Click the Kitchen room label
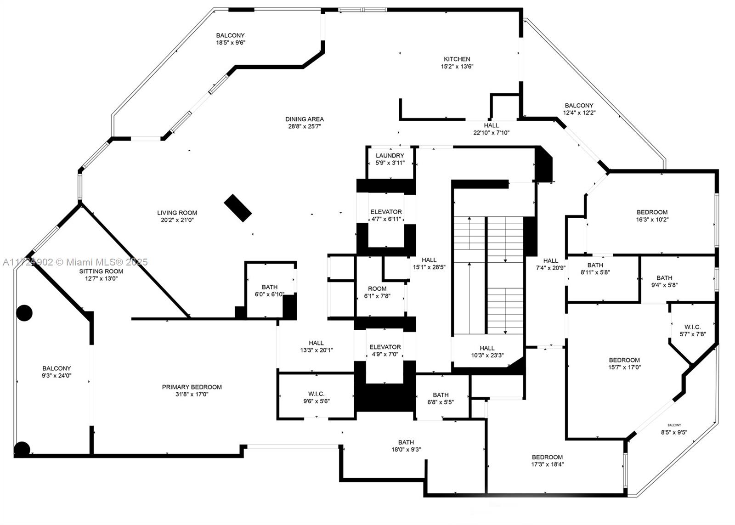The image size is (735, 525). click(x=457, y=59)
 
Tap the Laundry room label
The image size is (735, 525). click(x=390, y=156)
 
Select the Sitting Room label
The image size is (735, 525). click(x=101, y=271)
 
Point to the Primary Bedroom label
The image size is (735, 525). click(x=192, y=387)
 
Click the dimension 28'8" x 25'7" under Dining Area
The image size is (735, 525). click(x=304, y=126)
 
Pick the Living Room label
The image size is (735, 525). click(x=177, y=213)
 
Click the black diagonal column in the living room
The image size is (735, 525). click(x=237, y=208)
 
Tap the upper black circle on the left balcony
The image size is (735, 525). click(x=24, y=313)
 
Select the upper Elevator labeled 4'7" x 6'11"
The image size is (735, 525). click(x=386, y=212)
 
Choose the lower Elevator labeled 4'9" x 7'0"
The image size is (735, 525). click(x=385, y=347)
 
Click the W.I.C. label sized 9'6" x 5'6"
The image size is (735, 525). click(x=316, y=394)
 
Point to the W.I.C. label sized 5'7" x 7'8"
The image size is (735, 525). click(x=692, y=327)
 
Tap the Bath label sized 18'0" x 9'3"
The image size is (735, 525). click(x=406, y=443)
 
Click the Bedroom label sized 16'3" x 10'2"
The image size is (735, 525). click(x=652, y=212)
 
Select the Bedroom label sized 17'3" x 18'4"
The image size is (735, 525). click(x=547, y=457)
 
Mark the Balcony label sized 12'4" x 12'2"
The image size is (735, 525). click(x=579, y=106)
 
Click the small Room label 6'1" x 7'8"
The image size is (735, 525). click(x=377, y=289)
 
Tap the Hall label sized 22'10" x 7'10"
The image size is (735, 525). click(x=491, y=125)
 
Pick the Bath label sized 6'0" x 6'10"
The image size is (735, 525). click(x=270, y=287)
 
